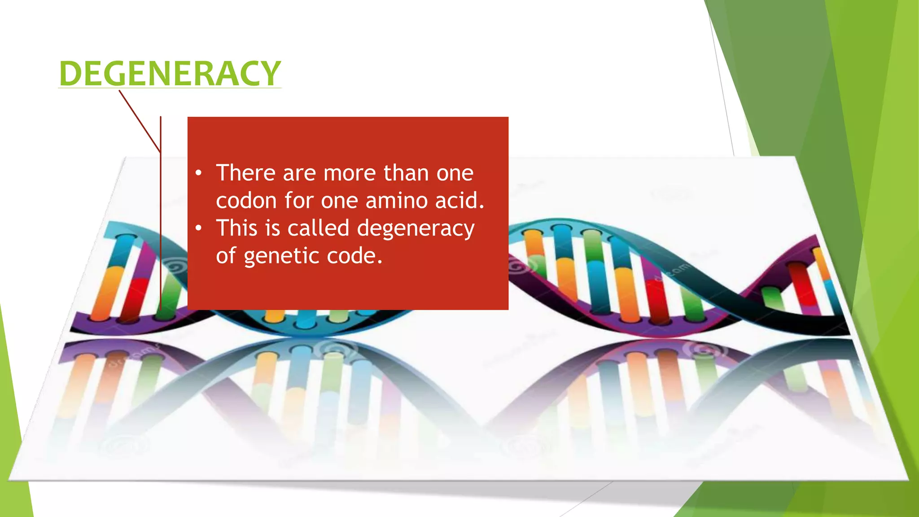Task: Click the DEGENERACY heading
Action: (x=170, y=73)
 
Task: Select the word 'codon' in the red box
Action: (x=246, y=201)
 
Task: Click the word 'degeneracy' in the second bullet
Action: (x=416, y=229)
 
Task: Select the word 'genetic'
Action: (x=281, y=257)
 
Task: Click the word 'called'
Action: (x=318, y=228)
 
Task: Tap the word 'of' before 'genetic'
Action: (x=226, y=256)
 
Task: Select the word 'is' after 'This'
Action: (x=272, y=228)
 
